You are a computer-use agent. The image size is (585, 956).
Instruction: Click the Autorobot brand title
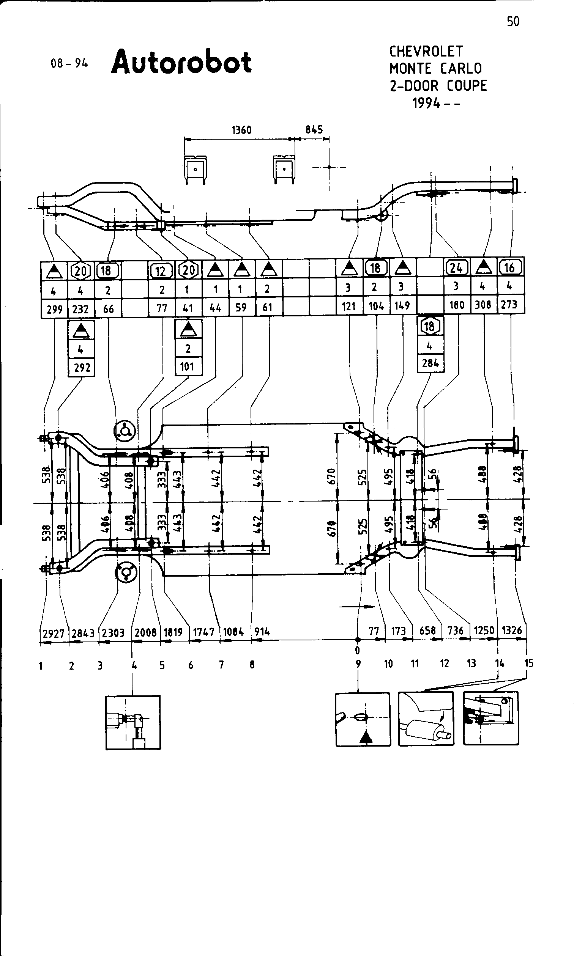[182, 62]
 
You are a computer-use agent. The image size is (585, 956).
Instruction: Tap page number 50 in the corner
[513, 22]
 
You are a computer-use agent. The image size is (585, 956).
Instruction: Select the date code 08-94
[69, 63]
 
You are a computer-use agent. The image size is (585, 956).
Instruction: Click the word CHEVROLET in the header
[426, 51]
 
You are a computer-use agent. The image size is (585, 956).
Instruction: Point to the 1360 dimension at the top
[241, 130]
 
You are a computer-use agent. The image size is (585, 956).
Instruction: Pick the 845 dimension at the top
[314, 130]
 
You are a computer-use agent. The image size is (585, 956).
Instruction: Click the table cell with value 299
[54, 309]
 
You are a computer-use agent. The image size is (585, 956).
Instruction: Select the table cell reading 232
[81, 309]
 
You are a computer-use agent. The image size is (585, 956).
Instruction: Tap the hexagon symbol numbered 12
[161, 271]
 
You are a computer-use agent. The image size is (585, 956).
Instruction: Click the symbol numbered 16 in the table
[509, 267]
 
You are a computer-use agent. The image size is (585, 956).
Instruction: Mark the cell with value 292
[82, 367]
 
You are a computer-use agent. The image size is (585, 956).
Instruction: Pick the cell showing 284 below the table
[430, 363]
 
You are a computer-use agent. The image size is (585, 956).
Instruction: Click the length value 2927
[53, 634]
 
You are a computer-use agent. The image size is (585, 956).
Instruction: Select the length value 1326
[512, 631]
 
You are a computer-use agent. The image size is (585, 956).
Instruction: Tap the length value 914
[262, 632]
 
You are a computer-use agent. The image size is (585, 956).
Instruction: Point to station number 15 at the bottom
[529, 663]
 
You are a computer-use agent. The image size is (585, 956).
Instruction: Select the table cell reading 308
[483, 305]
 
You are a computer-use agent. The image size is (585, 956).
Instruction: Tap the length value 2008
[145, 632]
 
